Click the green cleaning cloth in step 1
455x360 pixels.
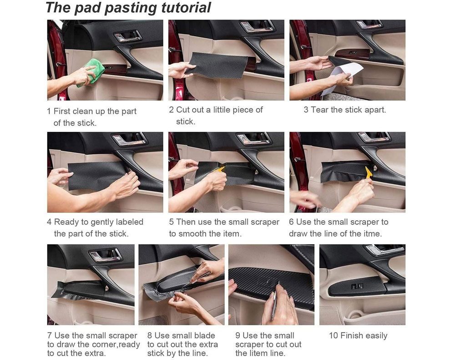(91, 72)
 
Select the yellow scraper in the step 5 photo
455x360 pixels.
(220, 170)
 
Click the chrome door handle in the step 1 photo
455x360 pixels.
(128, 36)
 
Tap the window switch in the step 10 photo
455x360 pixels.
(357, 286)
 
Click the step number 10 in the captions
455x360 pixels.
(334, 335)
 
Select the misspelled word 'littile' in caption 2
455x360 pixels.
(222, 110)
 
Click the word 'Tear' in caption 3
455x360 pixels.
(320, 110)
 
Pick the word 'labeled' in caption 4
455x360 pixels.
(129, 222)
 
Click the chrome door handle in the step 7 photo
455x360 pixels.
(105, 255)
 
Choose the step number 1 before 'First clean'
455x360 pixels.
(49, 111)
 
